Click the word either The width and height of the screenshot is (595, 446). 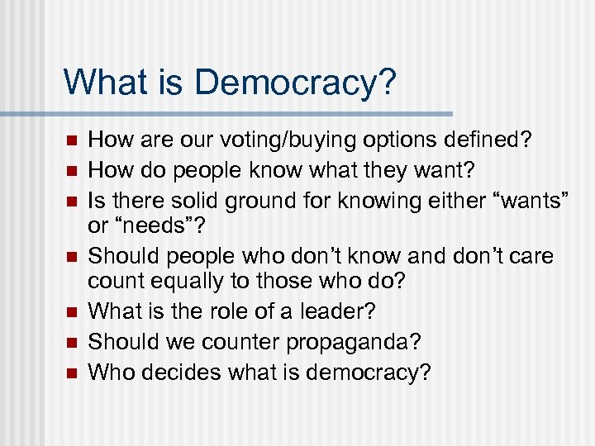(442, 201)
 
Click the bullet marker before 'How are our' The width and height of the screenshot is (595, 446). (70, 141)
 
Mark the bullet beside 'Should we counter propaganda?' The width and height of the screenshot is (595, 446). (70, 342)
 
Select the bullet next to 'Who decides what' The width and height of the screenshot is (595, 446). (70, 372)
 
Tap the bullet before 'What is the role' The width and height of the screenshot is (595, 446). (70, 312)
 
